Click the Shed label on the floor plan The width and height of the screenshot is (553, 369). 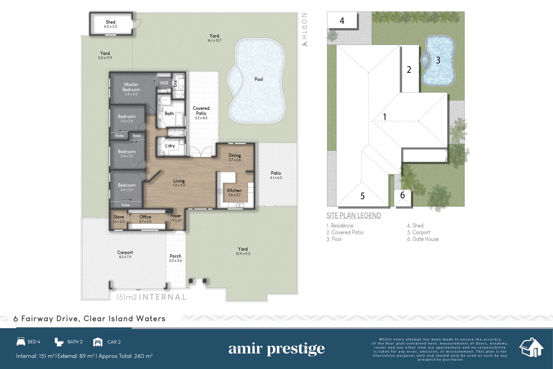point(110,22)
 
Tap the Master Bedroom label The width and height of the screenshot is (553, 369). point(131,87)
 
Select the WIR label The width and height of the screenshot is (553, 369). point(164,83)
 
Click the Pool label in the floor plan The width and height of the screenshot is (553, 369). point(259,79)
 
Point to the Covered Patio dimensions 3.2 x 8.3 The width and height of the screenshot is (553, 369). point(201,118)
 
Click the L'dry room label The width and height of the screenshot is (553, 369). point(170,146)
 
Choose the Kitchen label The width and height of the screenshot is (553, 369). point(234,190)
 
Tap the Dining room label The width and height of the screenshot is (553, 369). point(235,155)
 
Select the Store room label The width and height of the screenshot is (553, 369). point(119,217)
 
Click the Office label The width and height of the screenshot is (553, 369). point(145,217)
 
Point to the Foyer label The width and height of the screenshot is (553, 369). point(176,216)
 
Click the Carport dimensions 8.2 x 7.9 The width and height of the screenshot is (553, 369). point(125,257)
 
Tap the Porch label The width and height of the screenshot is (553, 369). point(175,256)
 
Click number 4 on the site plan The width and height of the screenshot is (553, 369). point(342,21)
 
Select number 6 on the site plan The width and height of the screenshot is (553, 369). point(402,195)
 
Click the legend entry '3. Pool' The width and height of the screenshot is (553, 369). point(334,239)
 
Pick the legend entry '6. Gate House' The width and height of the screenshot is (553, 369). point(423,239)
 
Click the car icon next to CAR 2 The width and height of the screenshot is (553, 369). point(98,342)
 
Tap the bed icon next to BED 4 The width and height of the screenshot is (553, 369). point(21,342)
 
